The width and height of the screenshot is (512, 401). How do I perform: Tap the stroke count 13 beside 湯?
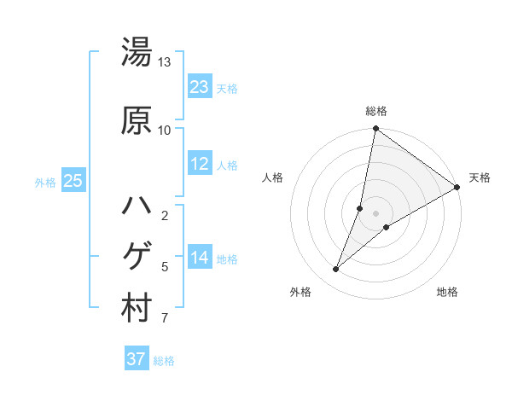(165, 62)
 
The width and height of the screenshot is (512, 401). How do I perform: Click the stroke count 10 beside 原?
(165, 130)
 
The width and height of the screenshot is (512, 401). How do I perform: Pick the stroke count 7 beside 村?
(165, 319)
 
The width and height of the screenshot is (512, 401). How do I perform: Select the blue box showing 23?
(200, 87)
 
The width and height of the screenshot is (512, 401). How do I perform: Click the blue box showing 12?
(200, 164)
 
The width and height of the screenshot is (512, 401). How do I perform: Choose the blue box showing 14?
(200, 258)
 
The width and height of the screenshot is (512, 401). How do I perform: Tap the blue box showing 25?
(73, 181)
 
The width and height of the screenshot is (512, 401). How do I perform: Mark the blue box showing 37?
(136, 359)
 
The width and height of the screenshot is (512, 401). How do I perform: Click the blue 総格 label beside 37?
(164, 361)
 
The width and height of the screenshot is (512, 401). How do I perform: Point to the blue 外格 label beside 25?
(45, 182)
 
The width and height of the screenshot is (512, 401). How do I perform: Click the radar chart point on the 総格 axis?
(375, 129)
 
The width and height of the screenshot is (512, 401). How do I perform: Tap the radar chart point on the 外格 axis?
(335, 270)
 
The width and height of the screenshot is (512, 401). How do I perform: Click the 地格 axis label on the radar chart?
(447, 293)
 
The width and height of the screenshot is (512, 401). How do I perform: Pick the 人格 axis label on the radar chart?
(273, 177)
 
